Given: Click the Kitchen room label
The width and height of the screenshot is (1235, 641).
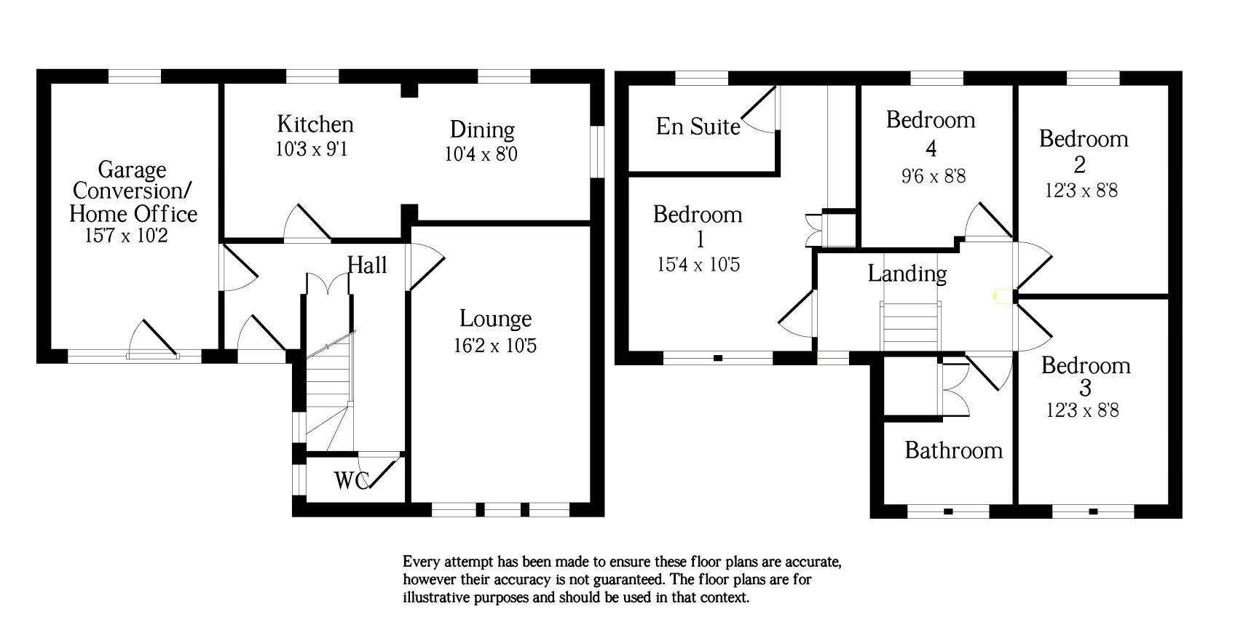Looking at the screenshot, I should tap(315, 124).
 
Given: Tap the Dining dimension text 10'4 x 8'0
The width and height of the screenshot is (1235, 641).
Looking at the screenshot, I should tap(481, 154).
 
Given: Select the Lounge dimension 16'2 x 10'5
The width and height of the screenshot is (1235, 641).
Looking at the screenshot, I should tap(495, 346).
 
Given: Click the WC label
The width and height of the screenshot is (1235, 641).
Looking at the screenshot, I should tap(352, 480).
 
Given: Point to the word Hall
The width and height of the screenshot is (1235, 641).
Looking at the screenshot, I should tap(367, 265).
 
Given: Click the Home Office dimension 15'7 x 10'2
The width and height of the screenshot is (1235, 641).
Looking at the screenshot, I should tap(127, 236).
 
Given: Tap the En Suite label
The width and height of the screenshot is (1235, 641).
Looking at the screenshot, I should tap(698, 127).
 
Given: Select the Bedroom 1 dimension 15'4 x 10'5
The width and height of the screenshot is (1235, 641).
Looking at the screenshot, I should tap(698, 265).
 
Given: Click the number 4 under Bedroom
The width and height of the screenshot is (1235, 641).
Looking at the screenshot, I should tap(931, 148).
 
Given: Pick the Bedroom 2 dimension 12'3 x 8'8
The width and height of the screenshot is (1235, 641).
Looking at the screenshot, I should tap(1081, 191).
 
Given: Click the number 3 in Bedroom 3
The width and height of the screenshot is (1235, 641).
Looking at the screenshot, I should tap(1085, 388).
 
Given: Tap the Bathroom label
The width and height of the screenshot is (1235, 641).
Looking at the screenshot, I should tap(953, 450).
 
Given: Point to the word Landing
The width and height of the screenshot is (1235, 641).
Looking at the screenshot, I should tap(907, 274).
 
